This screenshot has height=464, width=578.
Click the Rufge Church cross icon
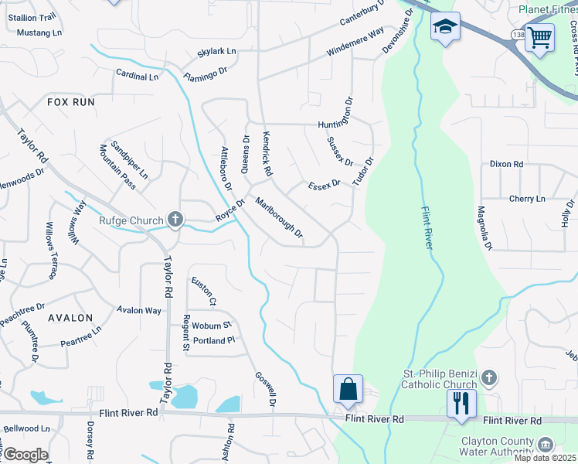175,220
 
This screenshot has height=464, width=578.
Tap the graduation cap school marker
445,28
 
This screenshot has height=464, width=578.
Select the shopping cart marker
539,36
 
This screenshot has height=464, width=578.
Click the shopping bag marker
348,389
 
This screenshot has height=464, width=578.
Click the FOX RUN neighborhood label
70,102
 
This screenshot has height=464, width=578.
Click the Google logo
25,455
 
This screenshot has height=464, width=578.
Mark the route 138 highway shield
516,36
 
